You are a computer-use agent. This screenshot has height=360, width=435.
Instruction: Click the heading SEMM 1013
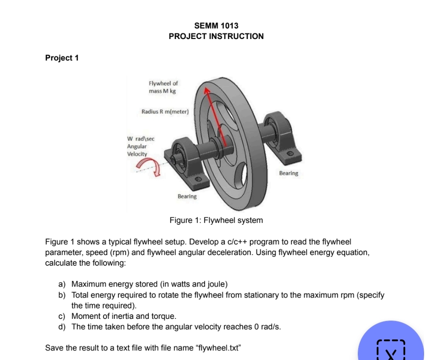[x=216, y=26]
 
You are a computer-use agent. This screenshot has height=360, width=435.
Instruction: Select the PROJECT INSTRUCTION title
[x=216, y=37]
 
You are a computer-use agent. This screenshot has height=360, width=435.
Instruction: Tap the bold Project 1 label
[x=62, y=58]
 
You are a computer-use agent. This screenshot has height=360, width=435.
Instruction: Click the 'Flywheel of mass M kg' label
[x=163, y=87]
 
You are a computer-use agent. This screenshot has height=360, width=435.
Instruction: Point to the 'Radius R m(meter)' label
[x=166, y=112]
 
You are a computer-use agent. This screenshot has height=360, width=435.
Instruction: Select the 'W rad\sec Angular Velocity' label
[x=141, y=146]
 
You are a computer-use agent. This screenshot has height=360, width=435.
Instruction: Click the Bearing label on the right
[x=288, y=173]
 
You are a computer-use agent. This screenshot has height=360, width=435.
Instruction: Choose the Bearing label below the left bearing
[x=187, y=196]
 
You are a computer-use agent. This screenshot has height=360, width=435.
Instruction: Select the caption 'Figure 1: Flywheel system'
[x=216, y=220]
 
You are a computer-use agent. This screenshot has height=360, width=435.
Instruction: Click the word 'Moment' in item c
[x=86, y=316]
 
